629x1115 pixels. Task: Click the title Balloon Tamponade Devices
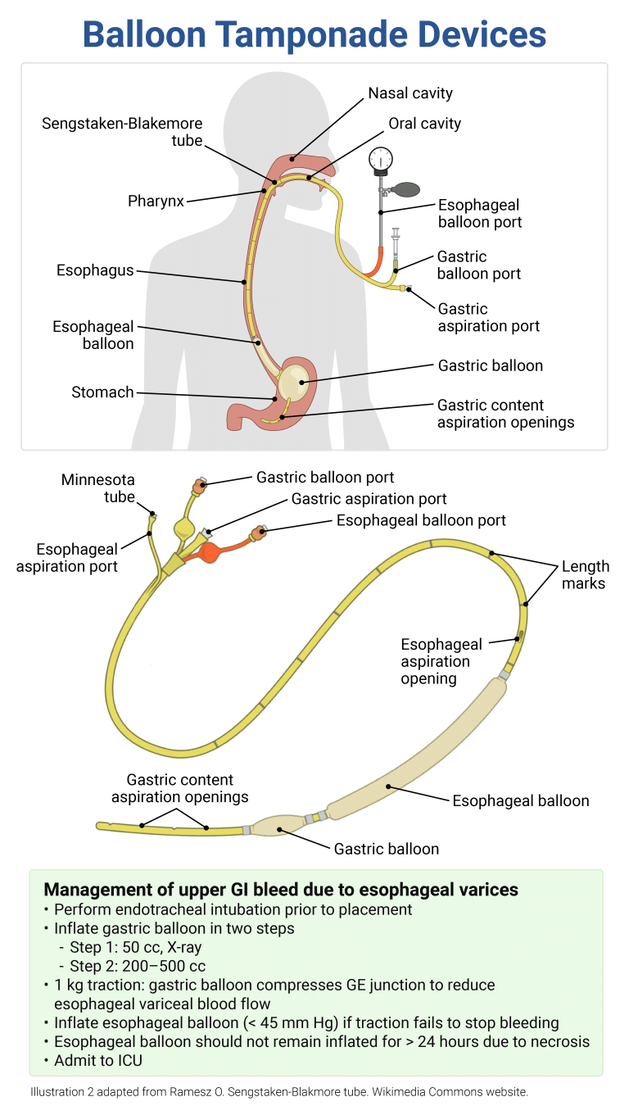click(x=314, y=34)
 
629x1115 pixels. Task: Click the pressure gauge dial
click(x=381, y=158)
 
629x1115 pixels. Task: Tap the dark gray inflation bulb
click(x=405, y=190)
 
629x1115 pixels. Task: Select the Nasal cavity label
click(x=410, y=93)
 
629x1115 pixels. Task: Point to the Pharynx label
click(x=156, y=201)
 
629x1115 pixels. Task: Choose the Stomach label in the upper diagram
click(x=102, y=392)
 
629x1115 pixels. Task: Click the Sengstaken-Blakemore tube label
click(x=122, y=132)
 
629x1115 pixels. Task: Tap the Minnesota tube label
click(x=97, y=488)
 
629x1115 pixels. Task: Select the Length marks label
click(x=585, y=574)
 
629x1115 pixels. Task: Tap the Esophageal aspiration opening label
click(x=441, y=662)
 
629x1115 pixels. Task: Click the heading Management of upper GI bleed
click(x=281, y=890)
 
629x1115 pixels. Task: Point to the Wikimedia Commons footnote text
click(x=279, y=1092)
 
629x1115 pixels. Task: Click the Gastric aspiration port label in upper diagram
click(x=489, y=318)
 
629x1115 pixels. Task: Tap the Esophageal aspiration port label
click(x=67, y=557)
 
